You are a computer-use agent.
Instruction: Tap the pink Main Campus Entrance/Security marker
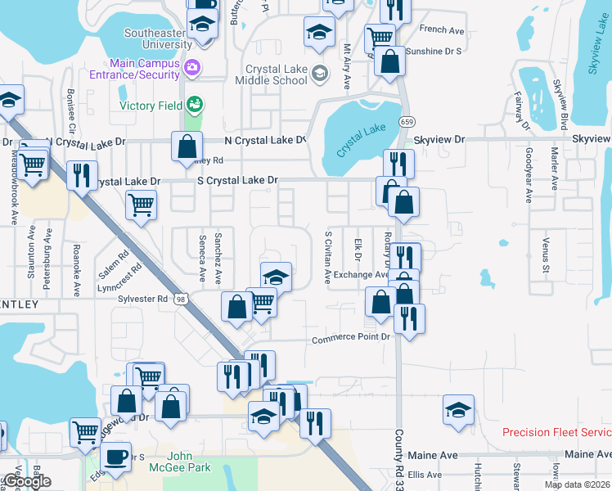click(x=192, y=66)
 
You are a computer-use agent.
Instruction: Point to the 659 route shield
click(x=407, y=121)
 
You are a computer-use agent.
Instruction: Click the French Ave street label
click(x=442, y=29)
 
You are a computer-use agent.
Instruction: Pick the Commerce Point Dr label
click(x=353, y=339)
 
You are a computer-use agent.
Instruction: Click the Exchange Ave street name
click(x=360, y=275)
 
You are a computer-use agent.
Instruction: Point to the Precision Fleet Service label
click(x=556, y=432)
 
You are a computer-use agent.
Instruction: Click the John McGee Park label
click(x=189, y=462)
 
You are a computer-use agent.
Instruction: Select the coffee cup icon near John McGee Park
click(x=115, y=456)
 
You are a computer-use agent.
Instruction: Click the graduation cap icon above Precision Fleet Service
click(x=459, y=411)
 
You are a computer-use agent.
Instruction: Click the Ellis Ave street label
click(x=425, y=475)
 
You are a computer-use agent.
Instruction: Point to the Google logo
click(x=26, y=481)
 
